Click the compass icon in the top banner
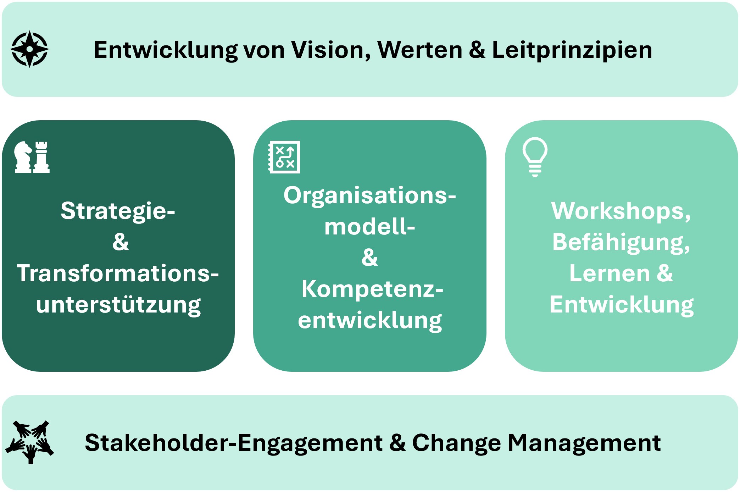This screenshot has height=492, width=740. [30, 49]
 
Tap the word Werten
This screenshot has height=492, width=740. [420, 50]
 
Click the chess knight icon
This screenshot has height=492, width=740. [23, 157]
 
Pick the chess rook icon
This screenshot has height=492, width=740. [41, 157]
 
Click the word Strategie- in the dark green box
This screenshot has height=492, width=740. [118, 211]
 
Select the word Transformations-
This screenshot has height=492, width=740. [118, 273]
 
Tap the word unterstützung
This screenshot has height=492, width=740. [118, 305]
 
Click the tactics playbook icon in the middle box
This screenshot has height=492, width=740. [284, 157]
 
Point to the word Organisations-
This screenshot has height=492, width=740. [369, 195]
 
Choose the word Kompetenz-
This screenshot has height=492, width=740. [372, 289]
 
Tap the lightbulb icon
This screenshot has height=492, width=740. [535, 156]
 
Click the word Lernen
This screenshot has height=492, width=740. [609, 273]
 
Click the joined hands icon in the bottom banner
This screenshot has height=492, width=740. [30, 442]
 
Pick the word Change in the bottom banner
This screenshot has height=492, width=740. [456, 443]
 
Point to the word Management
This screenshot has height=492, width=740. [584, 443]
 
